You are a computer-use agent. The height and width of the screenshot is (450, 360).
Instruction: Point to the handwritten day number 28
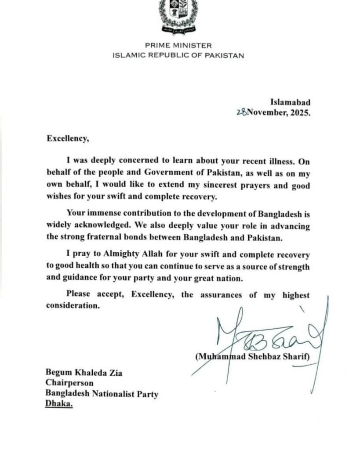click(241, 112)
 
